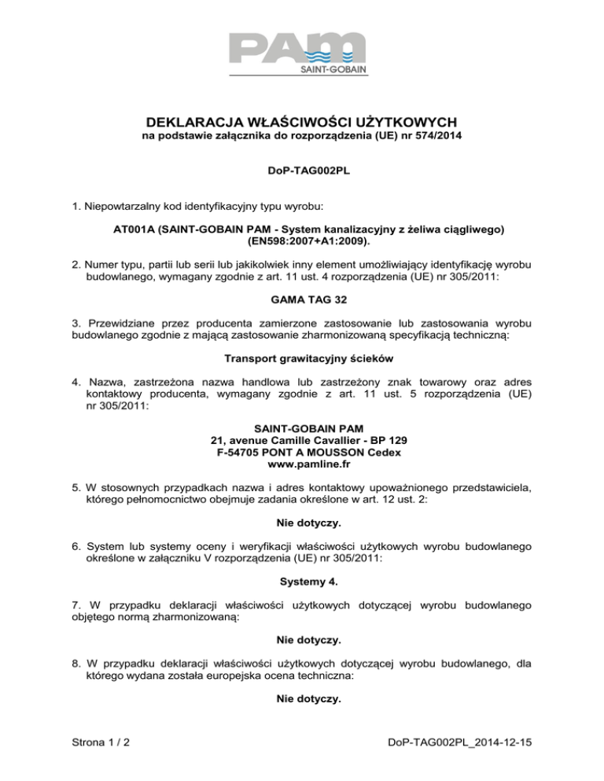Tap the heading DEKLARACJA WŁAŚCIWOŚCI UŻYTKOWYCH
[302, 123]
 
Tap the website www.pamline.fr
[302, 467]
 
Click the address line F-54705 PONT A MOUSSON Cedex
[302, 453]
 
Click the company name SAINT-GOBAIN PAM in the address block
[302, 427]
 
